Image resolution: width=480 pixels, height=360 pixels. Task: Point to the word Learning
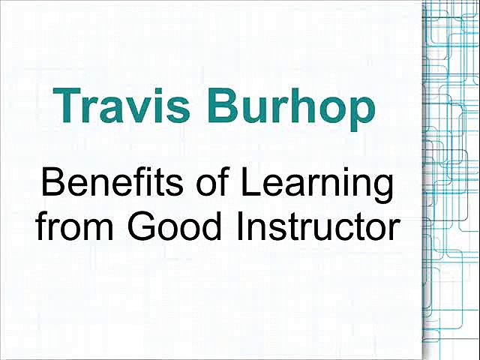click(333, 186)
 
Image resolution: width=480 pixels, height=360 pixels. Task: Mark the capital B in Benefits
click(53, 184)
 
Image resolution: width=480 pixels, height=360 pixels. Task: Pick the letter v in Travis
click(141, 109)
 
